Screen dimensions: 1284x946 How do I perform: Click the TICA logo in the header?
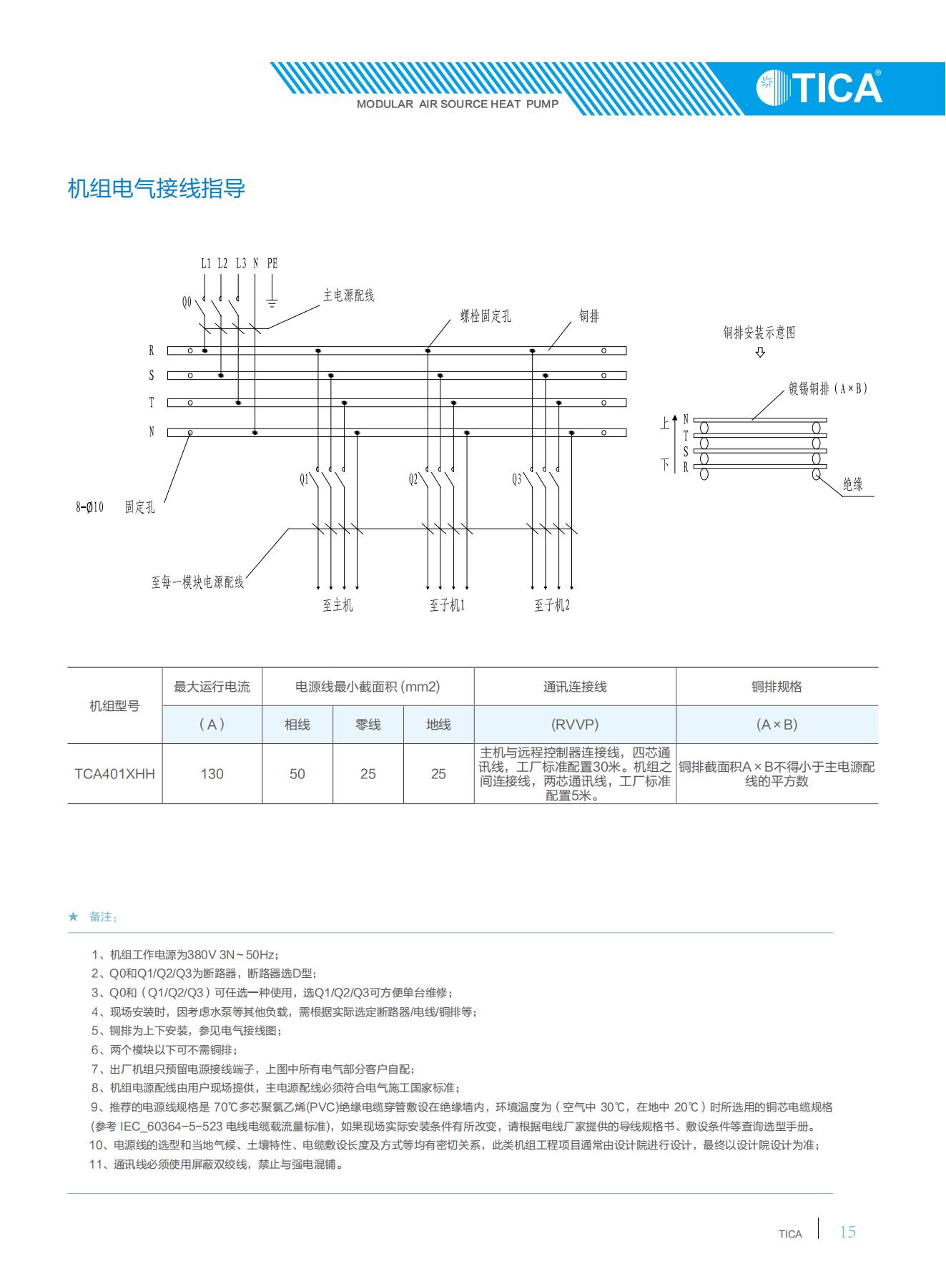tap(819, 87)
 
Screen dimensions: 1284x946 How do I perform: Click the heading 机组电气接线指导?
tap(156, 189)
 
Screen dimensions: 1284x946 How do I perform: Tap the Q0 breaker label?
tap(187, 303)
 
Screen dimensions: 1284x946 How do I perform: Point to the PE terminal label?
tap(272, 264)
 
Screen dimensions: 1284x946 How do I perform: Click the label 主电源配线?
tap(348, 295)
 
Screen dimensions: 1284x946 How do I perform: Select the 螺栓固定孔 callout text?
tap(485, 316)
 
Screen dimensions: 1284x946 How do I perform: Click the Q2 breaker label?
tap(413, 479)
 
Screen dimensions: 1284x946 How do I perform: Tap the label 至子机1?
tap(447, 605)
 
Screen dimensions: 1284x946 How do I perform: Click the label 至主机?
tap(337, 605)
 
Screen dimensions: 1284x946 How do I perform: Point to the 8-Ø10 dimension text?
tap(90, 507)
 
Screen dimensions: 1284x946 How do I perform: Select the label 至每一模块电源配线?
tap(197, 582)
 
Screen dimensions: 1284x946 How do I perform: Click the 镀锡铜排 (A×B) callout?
tap(827, 388)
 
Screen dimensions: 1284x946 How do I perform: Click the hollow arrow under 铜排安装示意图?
tap(760, 352)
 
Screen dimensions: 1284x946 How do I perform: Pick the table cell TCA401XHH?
tap(114, 773)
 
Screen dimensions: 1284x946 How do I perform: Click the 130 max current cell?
tap(212, 773)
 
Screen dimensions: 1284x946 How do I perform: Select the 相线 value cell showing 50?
tap(297, 773)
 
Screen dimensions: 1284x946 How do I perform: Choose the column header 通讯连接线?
tap(574, 687)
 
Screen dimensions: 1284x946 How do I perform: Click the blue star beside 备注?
tap(73, 916)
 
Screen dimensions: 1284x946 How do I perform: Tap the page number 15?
tap(847, 1232)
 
